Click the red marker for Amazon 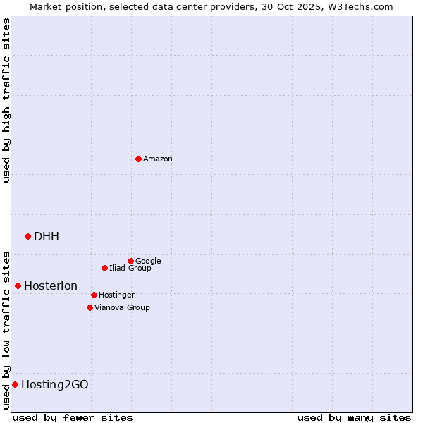(x=138, y=159)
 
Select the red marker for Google (x=130, y=261)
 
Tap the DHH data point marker (x=27, y=236)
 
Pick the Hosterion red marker (x=18, y=286)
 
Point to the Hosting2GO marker (x=15, y=384)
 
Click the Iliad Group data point (x=104, y=268)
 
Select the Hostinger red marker (x=94, y=295)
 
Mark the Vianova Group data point (x=90, y=307)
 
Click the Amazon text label (x=158, y=159)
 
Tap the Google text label (x=148, y=261)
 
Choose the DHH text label (x=47, y=236)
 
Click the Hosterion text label (x=51, y=286)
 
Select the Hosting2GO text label (x=55, y=384)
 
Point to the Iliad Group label (x=130, y=268)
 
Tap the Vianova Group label (x=122, y=307)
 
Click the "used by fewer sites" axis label (x=73, y=417)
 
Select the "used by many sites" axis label (x=354, y=417)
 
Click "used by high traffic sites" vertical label (x=6, y=100)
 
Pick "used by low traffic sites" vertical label (x=6, y=329)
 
